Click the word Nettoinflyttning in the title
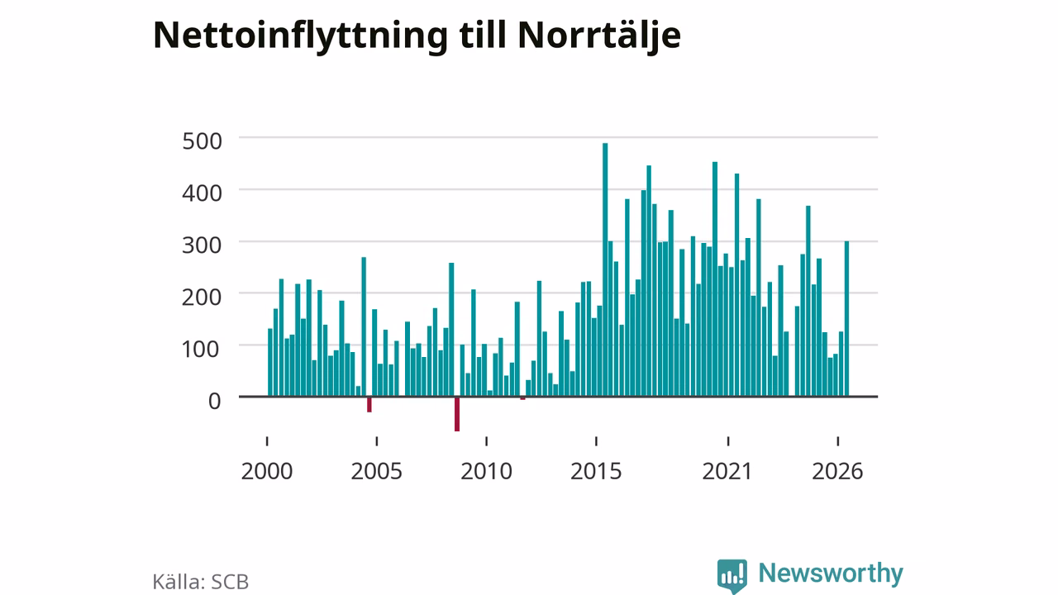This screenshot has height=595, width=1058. coord(300,36)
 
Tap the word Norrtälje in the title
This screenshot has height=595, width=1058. coord(599,36)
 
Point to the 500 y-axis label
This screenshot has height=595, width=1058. coord(202,141)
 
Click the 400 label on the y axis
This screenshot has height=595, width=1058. coord(202,193)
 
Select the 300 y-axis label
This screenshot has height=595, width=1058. coord(202,245)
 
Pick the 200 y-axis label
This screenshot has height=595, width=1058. coord(202,297)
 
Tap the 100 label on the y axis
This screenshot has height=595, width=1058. coord(201,349)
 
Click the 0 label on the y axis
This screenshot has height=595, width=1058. coord(214,401)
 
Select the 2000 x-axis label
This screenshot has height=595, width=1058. coord(267,471)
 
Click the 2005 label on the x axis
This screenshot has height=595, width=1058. coord(376,471)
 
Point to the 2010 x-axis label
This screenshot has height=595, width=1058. coord(487,471)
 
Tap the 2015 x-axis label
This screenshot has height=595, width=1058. coord(596,471)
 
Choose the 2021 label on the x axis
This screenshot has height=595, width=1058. coord(727,471)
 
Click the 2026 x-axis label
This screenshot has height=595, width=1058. coord(837,471)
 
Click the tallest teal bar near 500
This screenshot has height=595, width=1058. coord(605,269)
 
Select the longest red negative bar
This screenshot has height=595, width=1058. coord(457,414)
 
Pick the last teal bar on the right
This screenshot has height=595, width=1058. coord(847,319)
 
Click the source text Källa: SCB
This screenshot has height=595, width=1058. coord(201,581)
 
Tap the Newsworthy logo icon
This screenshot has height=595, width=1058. coord(732,575)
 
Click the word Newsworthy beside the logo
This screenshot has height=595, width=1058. coord(831,574)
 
